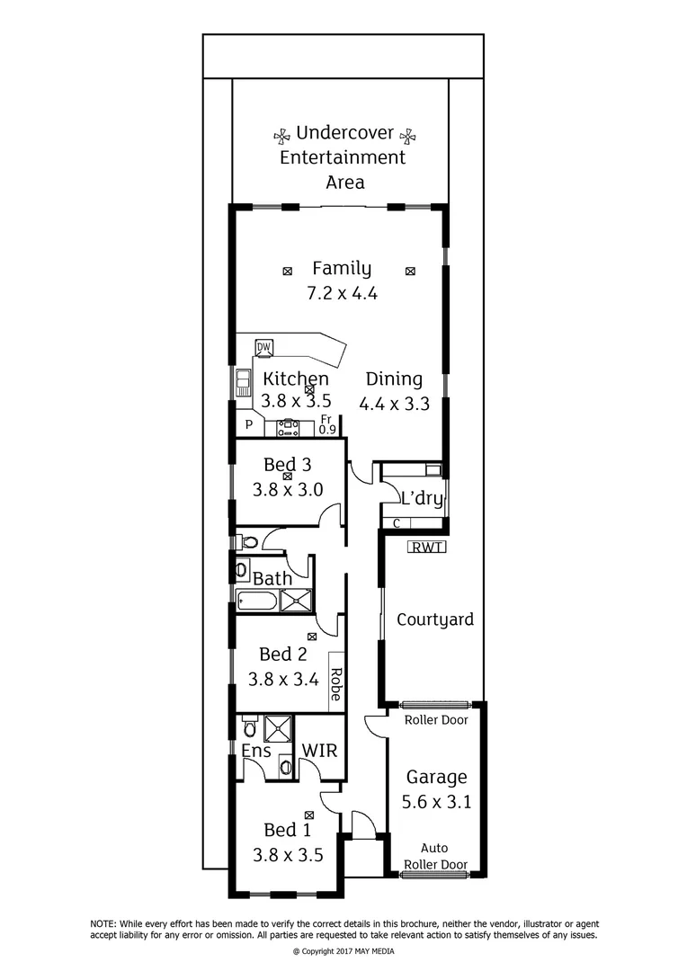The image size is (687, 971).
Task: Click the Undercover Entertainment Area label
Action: (x=343, y=157)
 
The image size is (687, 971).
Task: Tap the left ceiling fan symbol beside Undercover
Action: (x=281, y=135)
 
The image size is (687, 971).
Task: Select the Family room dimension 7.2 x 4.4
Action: (x=342, y=292)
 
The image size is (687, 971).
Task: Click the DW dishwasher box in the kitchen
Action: (x=263, y=347)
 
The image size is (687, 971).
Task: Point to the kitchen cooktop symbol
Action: (x=289, y=429)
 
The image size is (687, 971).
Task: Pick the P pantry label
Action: (x=247, y=426)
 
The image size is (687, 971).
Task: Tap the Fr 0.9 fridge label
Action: (x=326, y=424)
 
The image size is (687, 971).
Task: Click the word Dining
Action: (x=393, y=379)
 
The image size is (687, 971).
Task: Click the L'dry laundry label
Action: (x=418, y=496)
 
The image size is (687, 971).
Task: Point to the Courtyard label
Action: (x=435, y=619)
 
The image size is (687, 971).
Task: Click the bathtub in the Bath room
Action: (x=258, y=601)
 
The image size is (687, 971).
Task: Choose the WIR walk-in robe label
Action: (x=319, y=750)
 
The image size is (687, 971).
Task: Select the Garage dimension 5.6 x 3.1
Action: (x=436, y=803)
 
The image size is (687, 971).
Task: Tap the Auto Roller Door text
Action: (x=436, y=856)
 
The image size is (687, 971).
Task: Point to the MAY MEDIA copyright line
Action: (x=343, y=951)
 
